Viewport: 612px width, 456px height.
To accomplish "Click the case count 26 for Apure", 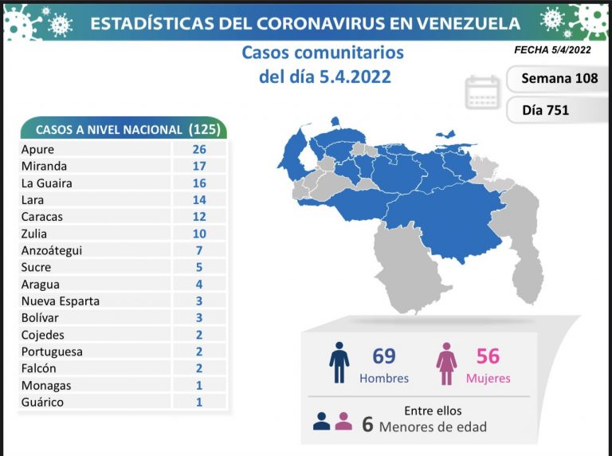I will click(198, 149).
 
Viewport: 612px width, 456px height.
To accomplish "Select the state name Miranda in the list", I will click(45, 166).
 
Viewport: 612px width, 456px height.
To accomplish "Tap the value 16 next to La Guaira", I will click(198, 183).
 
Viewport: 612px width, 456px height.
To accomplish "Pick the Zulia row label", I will click(36, 234).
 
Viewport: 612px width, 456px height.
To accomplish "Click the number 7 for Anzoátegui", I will click(198, 250).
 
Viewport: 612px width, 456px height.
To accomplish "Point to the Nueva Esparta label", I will click(61, 301).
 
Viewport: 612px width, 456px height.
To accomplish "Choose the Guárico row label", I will click(43, 403).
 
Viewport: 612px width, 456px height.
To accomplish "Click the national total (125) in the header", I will click(204, 129).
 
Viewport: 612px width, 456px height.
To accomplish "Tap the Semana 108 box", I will click(559, 79).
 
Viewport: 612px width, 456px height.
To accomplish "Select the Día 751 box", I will click(546, 110).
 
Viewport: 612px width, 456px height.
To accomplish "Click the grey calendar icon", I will click(483, 92).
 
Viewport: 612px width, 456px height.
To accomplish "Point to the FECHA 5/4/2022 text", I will click(553, 49).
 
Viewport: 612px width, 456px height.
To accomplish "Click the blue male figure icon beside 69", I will click(339, 363).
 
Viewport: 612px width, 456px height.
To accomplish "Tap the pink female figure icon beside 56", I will click(446, 363).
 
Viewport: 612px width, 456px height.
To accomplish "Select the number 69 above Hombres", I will click(383, 356).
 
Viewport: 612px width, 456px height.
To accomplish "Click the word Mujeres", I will click(488, 378).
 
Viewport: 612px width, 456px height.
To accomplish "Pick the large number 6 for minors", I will click(367, 424).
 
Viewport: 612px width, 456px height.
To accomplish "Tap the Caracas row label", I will click(42, 217).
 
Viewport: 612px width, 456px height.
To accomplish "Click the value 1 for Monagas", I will click(198, 386).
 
